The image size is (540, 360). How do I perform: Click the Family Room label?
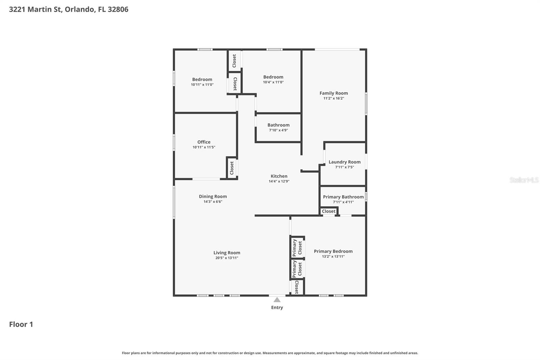point(333,93)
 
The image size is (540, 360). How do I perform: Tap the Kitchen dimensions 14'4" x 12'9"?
point(279,181)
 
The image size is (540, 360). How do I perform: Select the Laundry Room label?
point(344,162)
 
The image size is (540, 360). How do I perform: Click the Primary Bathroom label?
point(343,197)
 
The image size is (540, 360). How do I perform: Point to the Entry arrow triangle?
point(277,300)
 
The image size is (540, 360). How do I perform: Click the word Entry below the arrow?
point(277,307)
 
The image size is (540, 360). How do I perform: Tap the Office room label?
point(204,142)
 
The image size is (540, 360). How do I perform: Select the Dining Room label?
point(213,197)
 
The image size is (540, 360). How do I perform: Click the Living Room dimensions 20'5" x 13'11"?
point(227,258)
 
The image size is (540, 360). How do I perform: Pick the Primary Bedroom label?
point(333,251)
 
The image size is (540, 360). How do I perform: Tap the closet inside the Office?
point(232,168)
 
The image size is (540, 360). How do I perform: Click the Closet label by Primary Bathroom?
point(328,211)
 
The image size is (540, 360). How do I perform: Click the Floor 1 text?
point(21,324)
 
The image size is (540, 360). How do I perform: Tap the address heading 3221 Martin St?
point(69,9)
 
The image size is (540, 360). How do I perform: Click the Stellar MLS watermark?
point(524,180)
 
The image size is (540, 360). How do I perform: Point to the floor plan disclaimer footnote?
point(270,353)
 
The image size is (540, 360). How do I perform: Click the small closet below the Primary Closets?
point(297,287)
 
